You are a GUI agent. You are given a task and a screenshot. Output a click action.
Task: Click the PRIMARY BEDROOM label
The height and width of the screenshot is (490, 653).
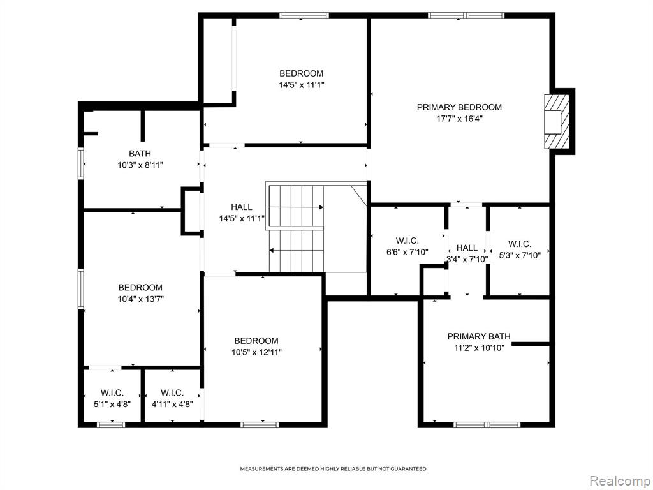459,107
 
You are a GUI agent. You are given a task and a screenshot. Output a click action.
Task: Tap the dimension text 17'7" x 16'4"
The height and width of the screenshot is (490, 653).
459,119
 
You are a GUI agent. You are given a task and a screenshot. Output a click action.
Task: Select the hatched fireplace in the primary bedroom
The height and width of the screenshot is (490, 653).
556,121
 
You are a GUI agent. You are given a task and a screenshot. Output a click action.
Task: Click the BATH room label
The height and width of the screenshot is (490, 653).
140,154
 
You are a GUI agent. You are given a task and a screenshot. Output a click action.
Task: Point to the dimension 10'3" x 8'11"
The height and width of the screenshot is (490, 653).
140,165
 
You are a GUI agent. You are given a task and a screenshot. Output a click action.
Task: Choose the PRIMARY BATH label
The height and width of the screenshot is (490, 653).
479,336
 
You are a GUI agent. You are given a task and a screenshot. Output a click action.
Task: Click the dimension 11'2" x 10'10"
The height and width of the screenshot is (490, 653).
479,348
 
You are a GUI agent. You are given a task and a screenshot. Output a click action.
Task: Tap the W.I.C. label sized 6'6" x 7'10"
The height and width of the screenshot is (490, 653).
407,241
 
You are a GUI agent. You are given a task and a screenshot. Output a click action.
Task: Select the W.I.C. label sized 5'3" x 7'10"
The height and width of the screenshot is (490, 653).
520,244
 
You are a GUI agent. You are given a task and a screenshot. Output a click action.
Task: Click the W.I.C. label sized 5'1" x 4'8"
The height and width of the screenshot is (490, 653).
112,393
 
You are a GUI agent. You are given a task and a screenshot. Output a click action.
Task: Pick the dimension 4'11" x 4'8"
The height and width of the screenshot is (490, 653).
172,405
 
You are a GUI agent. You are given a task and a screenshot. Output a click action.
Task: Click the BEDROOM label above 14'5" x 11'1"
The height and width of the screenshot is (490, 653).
301,73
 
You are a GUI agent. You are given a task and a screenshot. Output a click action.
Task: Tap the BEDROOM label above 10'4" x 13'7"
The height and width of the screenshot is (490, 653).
140,288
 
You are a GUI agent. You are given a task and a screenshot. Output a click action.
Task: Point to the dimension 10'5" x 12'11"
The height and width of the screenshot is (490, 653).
256,352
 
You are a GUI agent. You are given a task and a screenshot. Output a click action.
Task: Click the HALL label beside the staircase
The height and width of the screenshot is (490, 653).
242,207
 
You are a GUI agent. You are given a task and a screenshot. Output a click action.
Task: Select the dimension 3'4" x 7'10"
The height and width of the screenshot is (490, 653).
467,260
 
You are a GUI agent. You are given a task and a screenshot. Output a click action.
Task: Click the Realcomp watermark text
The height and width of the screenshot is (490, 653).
620,481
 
